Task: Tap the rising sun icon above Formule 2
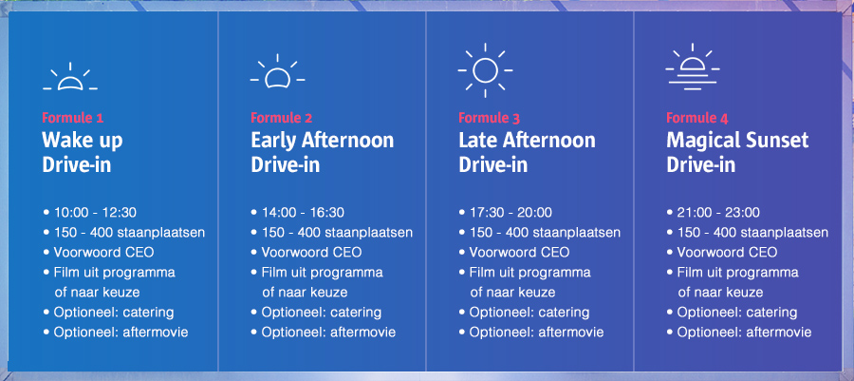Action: click(x=277, y=72)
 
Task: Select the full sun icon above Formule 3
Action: click(x=485, y=70)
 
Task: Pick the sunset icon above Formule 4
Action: click(x=693, y=67)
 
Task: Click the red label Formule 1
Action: click(x=72, y=118)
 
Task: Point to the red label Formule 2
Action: click(x=282, y=118)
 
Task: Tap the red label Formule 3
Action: click(x=489, y=118)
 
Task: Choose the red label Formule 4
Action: click(x=697, y=118)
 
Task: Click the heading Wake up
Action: click(x=83, y=142)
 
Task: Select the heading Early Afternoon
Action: click(x=322, y=140)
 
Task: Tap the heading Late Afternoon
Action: click(x=527, y=140)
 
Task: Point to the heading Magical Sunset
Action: click(x=737, y=142)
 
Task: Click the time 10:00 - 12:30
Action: click(x=95, y=213)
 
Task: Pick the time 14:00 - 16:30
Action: click(x=303, y=213)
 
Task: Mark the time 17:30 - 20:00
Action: click(x=511, y=213)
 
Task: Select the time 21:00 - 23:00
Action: click(x=718, y=213)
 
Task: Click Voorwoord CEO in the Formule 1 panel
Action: click(x=103, y=253)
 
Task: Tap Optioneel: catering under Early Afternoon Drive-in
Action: click(x=322, y=313)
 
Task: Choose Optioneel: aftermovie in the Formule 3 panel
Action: click(x=536, y=333)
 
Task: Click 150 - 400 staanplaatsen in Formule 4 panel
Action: click(x=752, y=233)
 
